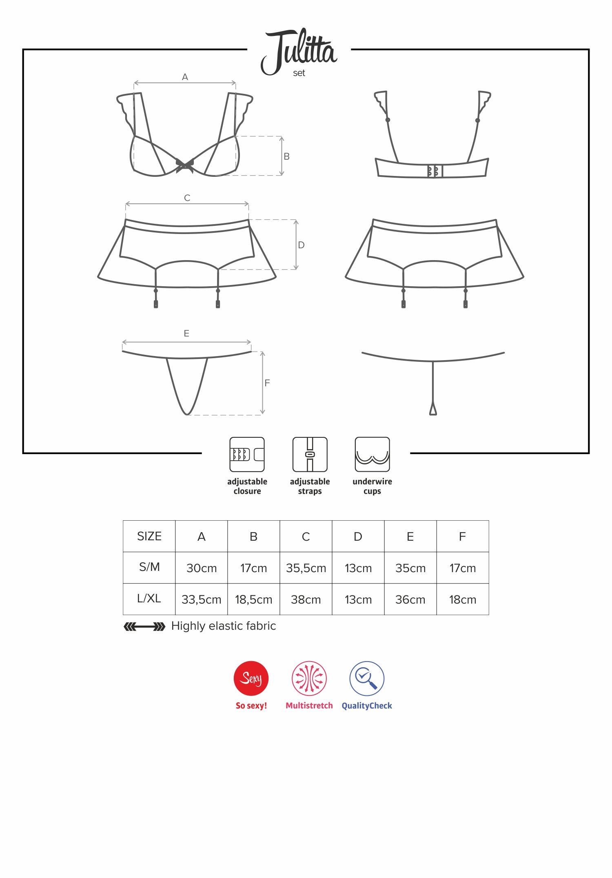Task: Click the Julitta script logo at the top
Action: click(299, 51)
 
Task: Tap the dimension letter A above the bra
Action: click(185, 77)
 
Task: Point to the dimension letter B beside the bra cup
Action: click(286, 156)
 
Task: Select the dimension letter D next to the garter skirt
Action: click(301, 245)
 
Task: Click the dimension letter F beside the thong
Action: click(267, 383)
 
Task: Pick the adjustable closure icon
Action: click(247, 455)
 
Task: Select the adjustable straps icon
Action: click(310, 455)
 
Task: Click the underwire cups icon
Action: click(373, 455)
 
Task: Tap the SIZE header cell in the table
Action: click(149, 536)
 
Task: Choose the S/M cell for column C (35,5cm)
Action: click(306, 568)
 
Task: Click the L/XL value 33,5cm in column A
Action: click(202, 599)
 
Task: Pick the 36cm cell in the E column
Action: click(410, 599)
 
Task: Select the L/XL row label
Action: click(149, 599)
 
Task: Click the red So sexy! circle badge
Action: click(251, 678)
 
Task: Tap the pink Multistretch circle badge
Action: click(309, 678)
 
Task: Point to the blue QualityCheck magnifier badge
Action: click(367, 678)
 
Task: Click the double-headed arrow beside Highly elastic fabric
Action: click(144, 626)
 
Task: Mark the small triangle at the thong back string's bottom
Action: click(433, 409)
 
